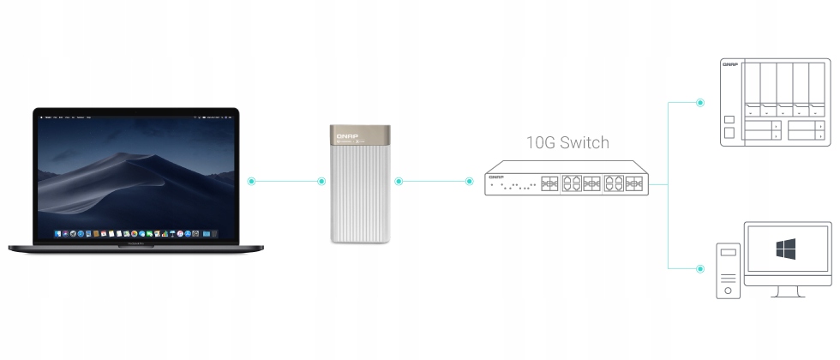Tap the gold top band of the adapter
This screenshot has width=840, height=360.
361,135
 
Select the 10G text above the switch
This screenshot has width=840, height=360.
542,141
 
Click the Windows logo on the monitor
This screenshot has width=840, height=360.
786,249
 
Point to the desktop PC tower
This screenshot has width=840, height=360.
729,270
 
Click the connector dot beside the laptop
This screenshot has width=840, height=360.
251,182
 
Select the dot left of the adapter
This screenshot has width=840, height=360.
321,182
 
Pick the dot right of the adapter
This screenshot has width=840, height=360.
399,182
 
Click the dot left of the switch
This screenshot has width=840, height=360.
470,182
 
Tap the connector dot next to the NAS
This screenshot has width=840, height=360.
699,102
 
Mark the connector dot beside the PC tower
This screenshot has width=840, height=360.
699,268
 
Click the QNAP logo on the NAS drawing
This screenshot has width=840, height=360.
730,65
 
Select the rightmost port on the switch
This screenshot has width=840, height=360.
635,183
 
